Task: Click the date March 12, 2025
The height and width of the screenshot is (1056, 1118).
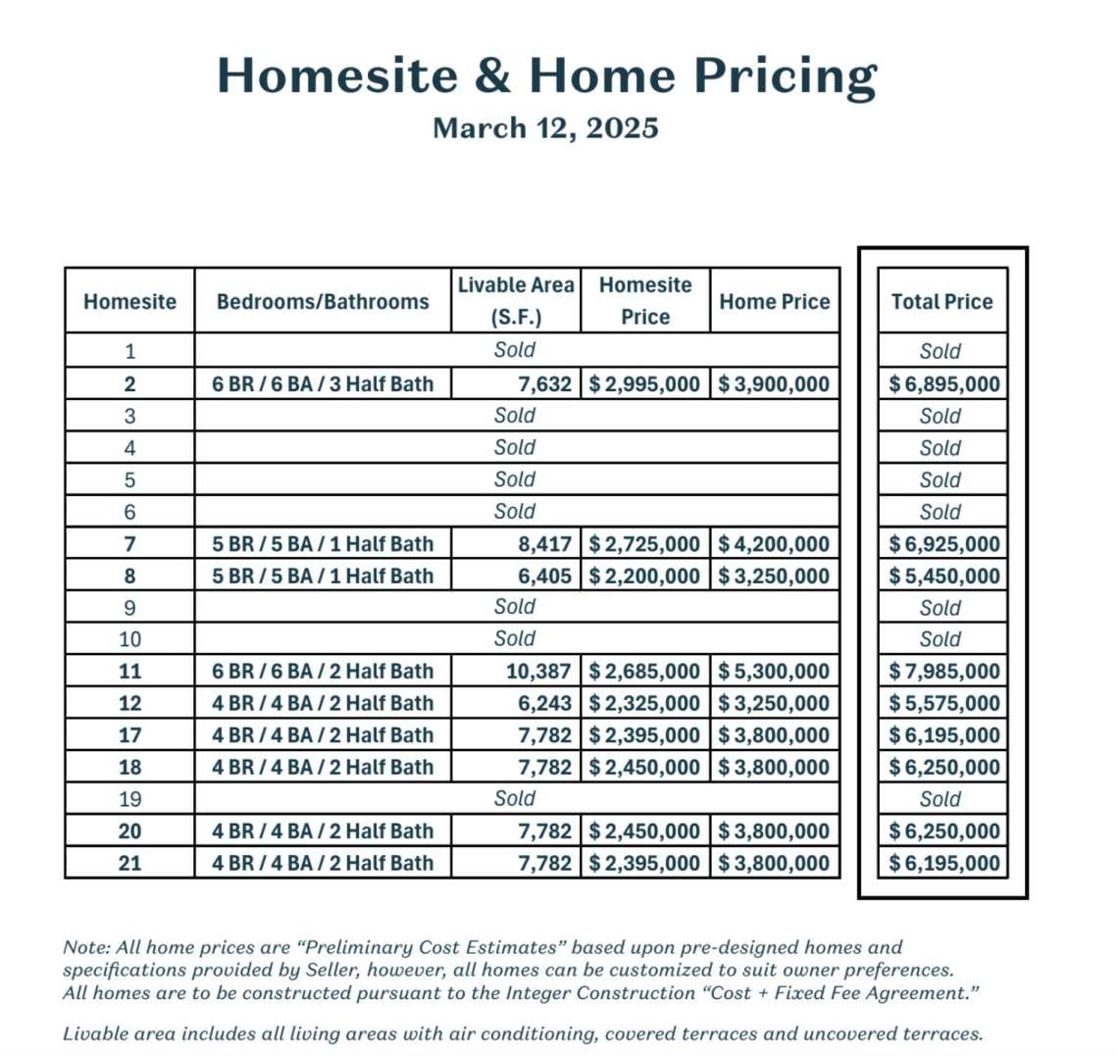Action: [545, 128]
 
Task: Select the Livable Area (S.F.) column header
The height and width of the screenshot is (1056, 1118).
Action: [516, 300]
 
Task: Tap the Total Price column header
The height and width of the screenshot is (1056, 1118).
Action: [941, 302]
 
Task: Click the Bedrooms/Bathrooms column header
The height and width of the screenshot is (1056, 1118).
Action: [323, 302]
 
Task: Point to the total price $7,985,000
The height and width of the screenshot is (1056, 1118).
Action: [944, 672]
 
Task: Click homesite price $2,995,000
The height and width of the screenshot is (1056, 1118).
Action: [645, 384]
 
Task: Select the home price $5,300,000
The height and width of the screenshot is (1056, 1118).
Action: [775, 672]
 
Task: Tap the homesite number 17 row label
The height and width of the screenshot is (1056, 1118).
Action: [129, 735]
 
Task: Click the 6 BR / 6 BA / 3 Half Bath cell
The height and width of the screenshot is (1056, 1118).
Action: [323, 384]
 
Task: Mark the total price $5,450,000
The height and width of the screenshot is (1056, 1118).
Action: [944, 577]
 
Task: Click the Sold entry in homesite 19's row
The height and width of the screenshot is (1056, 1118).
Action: [515, 799]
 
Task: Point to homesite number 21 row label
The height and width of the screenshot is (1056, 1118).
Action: [129, 864]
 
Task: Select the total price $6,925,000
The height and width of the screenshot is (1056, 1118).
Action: [944, 544]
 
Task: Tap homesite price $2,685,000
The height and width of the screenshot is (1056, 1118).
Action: [645, 672]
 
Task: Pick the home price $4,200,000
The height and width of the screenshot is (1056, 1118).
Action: [775, 544]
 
